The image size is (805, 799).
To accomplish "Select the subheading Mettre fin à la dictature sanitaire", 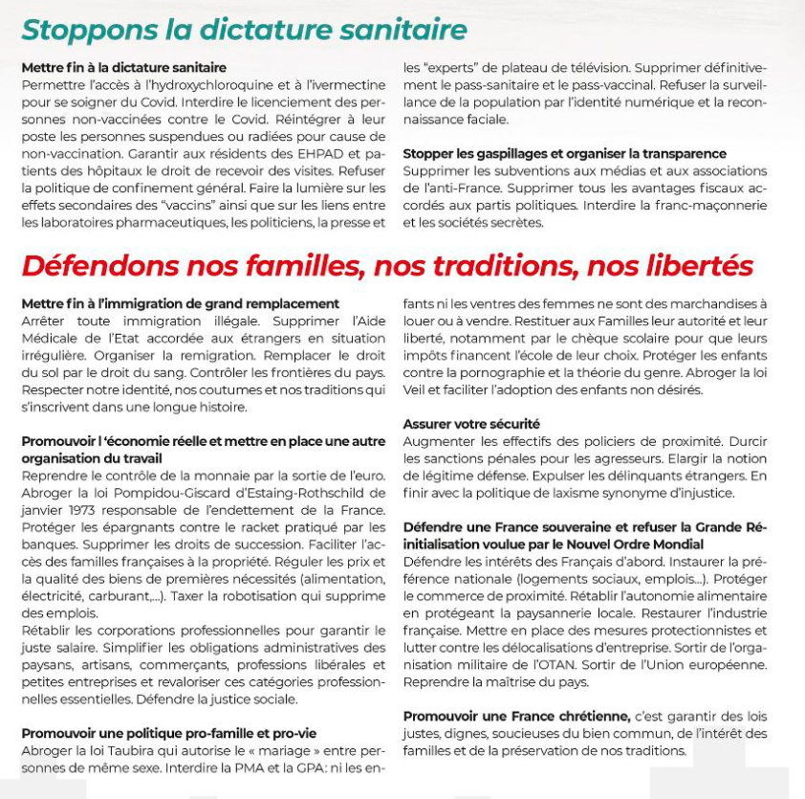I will (123, 68).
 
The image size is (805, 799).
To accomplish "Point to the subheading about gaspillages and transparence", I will (564, 153).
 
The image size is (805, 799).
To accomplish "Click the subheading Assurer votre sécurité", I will (471, 424).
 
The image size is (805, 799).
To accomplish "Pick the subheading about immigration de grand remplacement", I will (180, 304).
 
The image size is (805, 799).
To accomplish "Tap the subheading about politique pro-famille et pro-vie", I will (168, 733).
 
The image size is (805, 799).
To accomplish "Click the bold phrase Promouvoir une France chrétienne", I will (516, 716).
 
